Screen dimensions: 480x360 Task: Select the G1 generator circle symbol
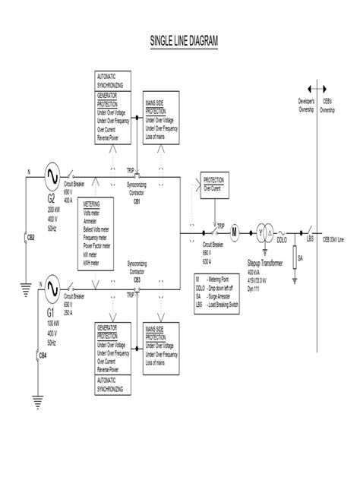[x=53, y=288]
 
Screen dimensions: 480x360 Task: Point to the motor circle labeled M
[x=234, y=232]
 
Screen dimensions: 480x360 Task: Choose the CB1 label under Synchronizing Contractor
[x=137, y=202]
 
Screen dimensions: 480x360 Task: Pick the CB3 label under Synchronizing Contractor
[x=137, y=279]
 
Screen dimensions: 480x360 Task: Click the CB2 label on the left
[x=31, y=237]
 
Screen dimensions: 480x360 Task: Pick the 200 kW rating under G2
[x=55, y=208]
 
